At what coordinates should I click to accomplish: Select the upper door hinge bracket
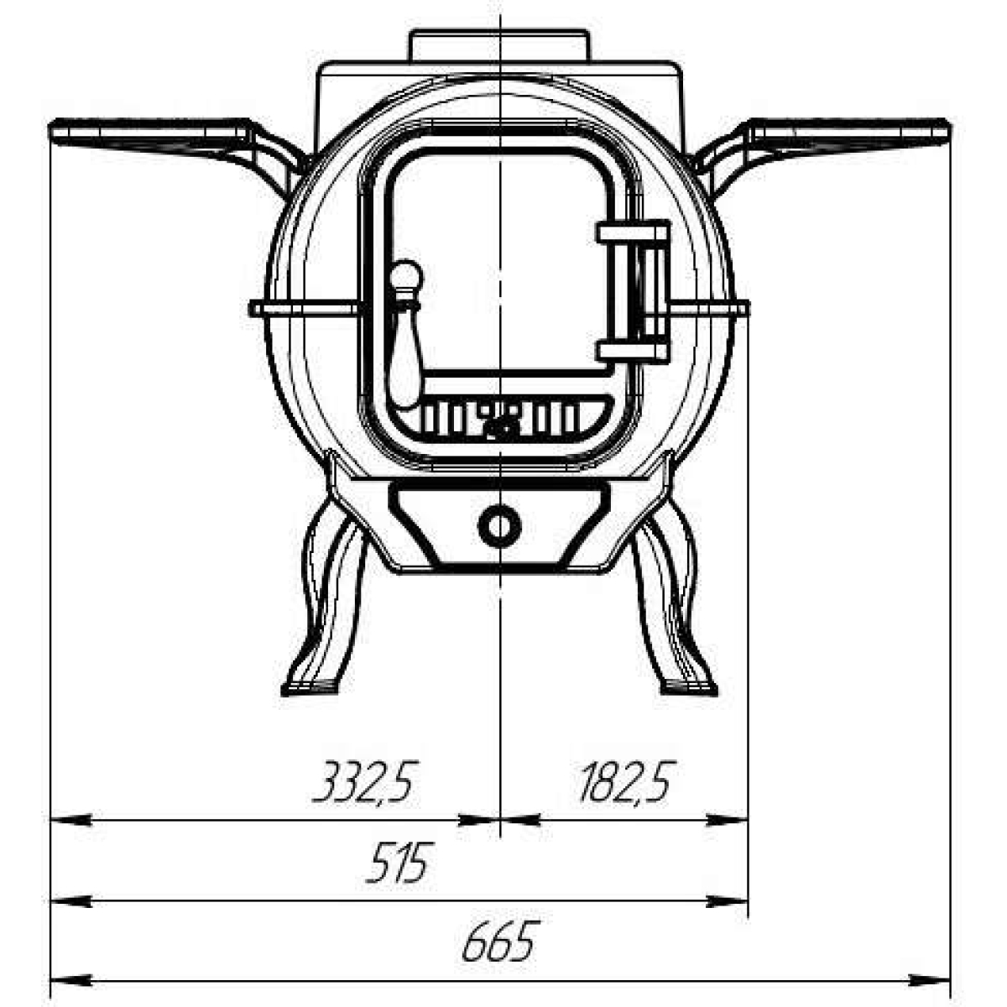point(633,232)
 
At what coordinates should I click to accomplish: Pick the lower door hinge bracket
point(633,351)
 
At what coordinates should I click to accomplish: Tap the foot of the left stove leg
point(310,688)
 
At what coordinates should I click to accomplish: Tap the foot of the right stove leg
point(689,688)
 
